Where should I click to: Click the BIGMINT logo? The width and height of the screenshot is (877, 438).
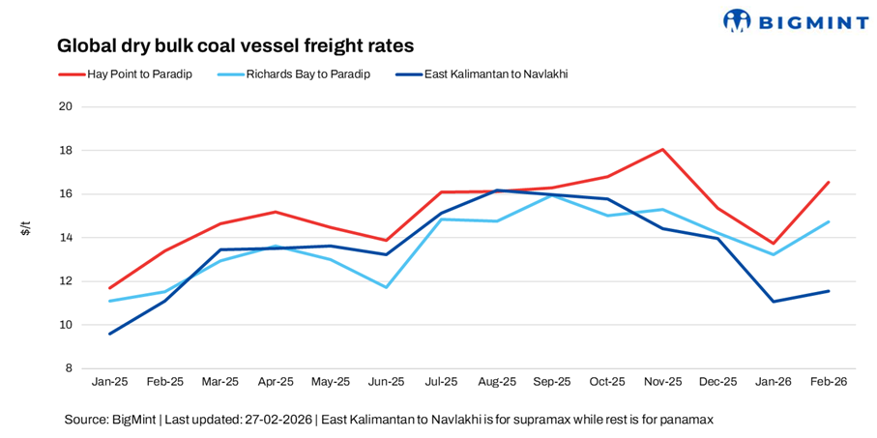click(x=795, y=20)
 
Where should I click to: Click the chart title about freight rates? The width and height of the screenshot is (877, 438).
click(x=235, y=45)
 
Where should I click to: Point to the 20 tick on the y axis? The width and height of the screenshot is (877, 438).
click(x=67, y=106)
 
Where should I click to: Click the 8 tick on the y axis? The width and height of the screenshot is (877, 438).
click(x=70, y=368)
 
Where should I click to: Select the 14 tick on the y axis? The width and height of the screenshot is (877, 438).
click(x=67, y=238)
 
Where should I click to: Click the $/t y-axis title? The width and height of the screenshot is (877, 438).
click(x=26, y=228)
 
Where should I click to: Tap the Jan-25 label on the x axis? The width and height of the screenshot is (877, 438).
click(x=109, y=382)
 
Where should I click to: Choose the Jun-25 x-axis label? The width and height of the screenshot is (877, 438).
click(x=386, y=382)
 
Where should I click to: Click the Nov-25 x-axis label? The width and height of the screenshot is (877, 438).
click(x=662, y=382)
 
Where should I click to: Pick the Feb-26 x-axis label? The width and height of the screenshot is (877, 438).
click(x=828, y=382)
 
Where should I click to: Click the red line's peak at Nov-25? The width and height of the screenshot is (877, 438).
click(x=662, y=149)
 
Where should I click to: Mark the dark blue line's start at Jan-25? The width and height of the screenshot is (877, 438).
click(x=109, y=334)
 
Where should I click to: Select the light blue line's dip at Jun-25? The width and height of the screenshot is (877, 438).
click(x=386, y=287)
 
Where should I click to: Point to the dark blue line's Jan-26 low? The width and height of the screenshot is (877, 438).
click(x=773, y=302)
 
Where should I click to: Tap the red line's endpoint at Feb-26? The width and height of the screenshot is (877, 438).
click(x=828, y=182)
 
